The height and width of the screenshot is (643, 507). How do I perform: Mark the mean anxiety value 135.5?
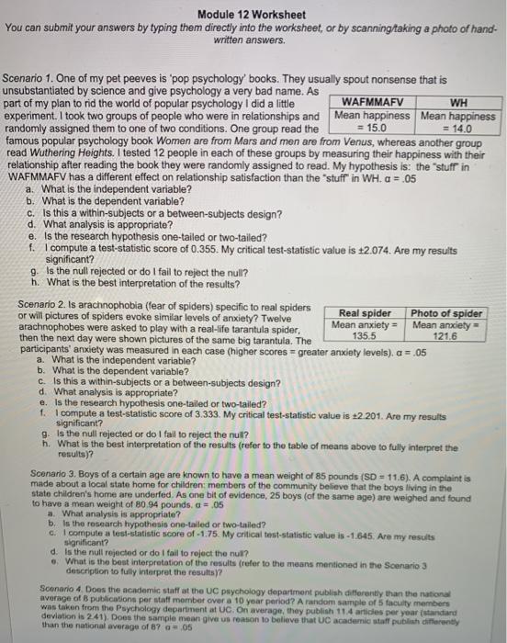tap(365, 335)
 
